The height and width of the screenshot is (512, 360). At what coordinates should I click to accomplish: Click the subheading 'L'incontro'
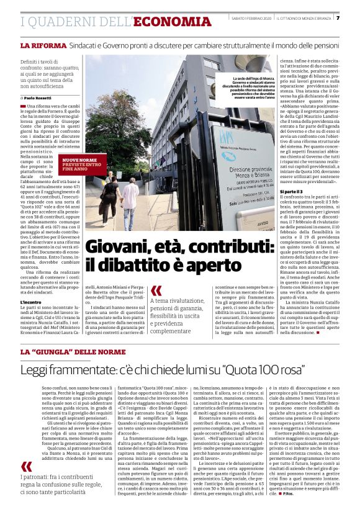pyautogui.click(x=31, y=302)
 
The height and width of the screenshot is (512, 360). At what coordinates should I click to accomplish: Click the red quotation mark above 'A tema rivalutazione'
pyautogui.click(x=156, y=290)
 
